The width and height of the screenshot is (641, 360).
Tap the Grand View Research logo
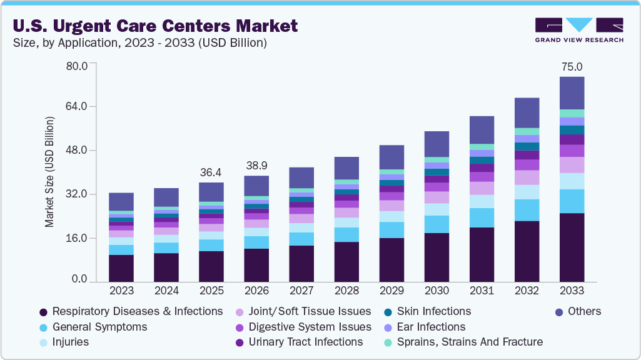click(x=578, y=30)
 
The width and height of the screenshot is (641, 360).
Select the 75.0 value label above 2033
click(x=572, y=67)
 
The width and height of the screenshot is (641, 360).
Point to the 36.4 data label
click(x=211, y=172)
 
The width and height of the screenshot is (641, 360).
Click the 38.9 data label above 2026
click(x=256, y=166)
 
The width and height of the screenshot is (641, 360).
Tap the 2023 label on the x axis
click(x=121, y=291)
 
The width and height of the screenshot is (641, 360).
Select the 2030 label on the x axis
click(x=437, y=291)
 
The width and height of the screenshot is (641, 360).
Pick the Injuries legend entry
click(x=70, y=342)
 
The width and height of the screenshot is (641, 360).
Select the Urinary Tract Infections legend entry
click(x=305, y=342)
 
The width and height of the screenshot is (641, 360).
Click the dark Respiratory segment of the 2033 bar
click(x=572, y=247)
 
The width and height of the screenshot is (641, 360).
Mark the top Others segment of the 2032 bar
click(x=527, y=112)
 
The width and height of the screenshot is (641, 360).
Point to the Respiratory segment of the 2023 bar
click(x=121, y=268)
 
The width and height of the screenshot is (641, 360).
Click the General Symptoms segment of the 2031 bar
click(x=482, y=217)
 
